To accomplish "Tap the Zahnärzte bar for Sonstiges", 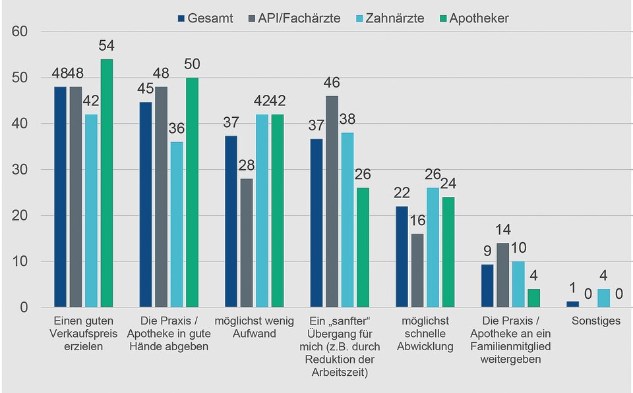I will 603,298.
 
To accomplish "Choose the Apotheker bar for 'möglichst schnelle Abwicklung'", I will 448,252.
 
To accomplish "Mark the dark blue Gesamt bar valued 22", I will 402,257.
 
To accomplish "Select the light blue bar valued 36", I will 177,224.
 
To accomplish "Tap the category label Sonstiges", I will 597,321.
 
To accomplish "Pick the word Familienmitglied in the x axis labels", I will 511,347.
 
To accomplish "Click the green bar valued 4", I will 533,298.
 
